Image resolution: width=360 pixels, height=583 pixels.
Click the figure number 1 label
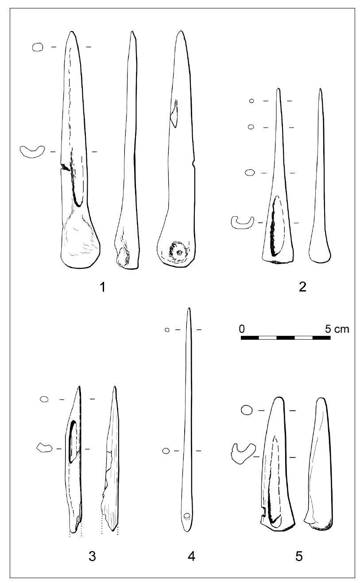pos(102,288)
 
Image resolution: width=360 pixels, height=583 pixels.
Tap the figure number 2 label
pos(302,287)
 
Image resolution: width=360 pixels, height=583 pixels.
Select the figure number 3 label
pos(92,556)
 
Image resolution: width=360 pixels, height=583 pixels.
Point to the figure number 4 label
pos(191,556)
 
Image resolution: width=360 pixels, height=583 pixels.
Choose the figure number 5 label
pos(299,556)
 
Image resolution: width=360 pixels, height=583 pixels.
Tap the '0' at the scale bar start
pos(242,329)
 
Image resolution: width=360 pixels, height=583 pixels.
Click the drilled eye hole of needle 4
pos(187,516)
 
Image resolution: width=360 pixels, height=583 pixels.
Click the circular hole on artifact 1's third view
pos(179,253)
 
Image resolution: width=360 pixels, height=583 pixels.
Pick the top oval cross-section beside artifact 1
pos(38,47)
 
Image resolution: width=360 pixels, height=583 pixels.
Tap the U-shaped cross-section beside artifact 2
pos(242,222)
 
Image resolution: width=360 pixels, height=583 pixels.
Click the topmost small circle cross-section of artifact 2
pos(252,101)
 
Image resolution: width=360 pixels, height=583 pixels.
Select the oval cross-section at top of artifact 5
pos(247,410)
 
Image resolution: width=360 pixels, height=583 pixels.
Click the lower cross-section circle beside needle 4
pos(166,451)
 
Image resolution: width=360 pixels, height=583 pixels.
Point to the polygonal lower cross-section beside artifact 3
pos(44,448)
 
